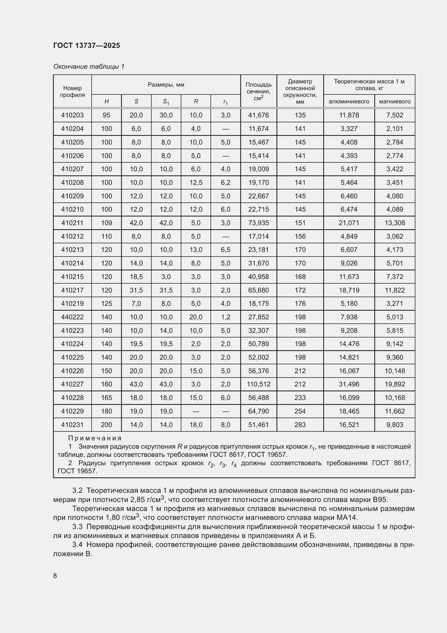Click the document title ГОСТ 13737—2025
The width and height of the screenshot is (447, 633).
click(86, 45)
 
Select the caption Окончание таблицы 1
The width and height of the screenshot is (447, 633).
click(89, 67)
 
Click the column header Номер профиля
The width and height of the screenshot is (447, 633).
click(72, 91)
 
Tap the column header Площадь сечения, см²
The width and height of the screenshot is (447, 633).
click(258, 91)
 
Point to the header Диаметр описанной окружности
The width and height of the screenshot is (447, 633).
click(300, 91)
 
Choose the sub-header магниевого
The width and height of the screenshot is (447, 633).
click(394, 101)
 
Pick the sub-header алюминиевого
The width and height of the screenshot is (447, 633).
click(349, 101)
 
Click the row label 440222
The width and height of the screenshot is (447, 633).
click(72, 317)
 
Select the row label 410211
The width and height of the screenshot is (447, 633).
click(72, 223)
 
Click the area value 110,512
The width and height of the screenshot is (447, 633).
click(258, 384)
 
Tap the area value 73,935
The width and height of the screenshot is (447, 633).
click(258, 223)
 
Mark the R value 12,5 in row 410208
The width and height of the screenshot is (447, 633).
click(196, 182)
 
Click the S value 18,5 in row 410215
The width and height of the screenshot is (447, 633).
click(136, 277)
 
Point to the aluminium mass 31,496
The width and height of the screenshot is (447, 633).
click(349, 384)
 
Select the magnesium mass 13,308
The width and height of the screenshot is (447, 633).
click(394, 223)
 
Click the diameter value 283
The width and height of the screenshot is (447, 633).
click(300, 425)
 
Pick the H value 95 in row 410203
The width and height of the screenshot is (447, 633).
click(106, 115)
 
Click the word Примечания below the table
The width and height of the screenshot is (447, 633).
click(95, 438)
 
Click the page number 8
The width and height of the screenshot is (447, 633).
click(55, 576)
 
